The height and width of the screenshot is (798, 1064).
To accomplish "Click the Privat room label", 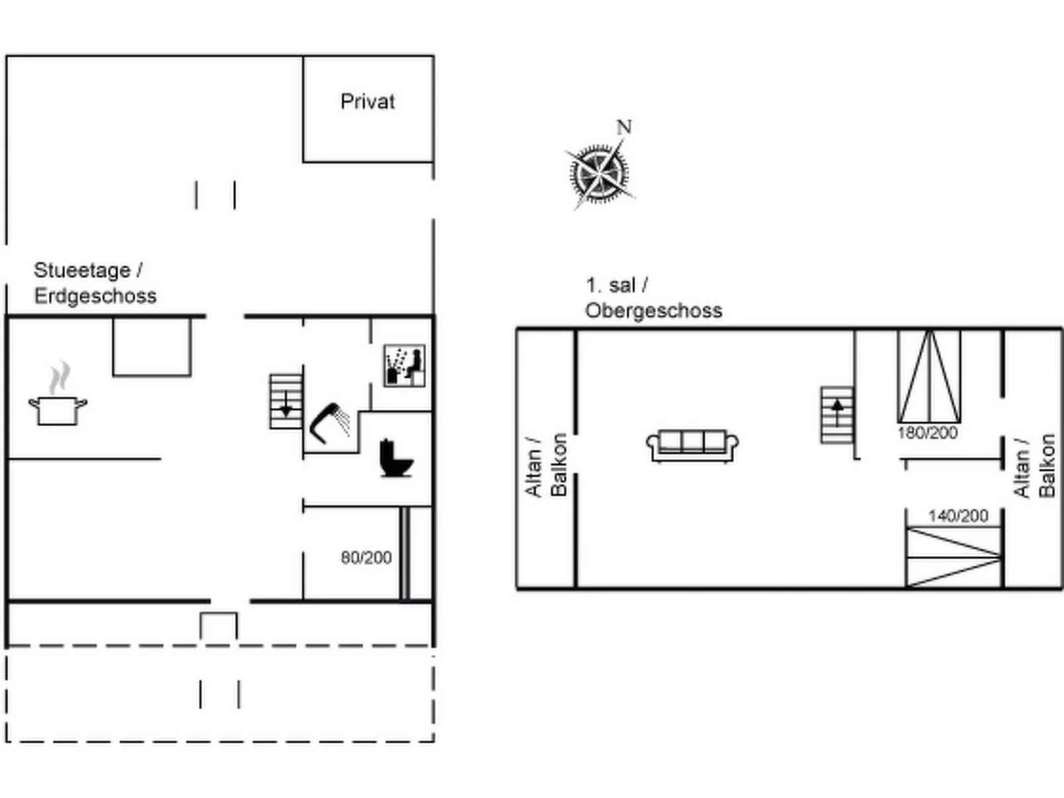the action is [368, 102].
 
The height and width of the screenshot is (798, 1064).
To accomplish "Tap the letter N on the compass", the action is [624, 127].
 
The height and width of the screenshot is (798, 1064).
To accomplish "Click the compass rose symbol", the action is [600, 172].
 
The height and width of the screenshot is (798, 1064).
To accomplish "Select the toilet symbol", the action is [396, 458].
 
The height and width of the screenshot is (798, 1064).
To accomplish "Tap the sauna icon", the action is [404, 366].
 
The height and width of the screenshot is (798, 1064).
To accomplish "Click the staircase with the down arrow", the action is [286, 401].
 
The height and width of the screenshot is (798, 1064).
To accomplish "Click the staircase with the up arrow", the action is [837, 415].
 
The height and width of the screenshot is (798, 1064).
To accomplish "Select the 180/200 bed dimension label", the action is [928, 432].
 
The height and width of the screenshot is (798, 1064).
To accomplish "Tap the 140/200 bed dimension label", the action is [958, 516].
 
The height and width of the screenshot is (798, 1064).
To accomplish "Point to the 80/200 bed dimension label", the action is [366, 558].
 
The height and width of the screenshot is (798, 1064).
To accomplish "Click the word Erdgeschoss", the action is [95, 296].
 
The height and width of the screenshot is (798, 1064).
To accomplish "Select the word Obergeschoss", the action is [653, 311].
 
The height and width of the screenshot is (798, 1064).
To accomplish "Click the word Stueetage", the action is [82, 270].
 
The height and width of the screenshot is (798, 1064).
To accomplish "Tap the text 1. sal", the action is [610, 285].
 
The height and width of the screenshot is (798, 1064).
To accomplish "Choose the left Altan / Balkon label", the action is [546, 465].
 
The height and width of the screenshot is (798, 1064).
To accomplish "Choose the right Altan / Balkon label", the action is [1034, 466].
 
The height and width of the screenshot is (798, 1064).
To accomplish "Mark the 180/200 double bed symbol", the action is [930, 376].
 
